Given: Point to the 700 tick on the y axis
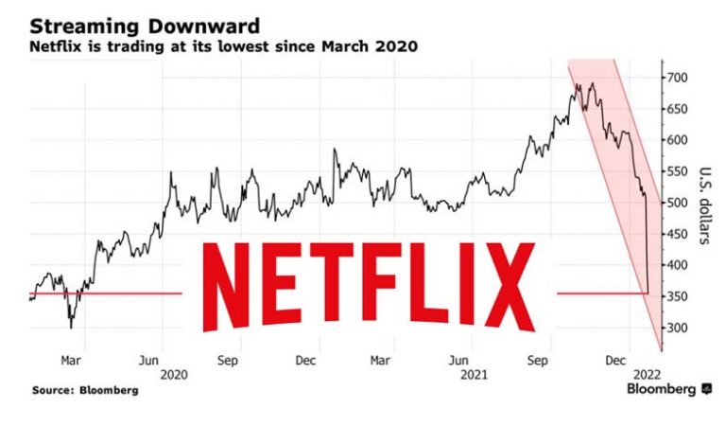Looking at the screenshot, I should click(676, 77).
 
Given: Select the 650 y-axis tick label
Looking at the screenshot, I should click(676, 108).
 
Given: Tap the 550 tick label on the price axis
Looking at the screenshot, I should click(676, 171).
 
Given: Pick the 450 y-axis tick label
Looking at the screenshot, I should click(676, 234).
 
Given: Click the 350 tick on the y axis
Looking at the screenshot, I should click(676, 297).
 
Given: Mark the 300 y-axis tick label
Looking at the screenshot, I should click(676, 329).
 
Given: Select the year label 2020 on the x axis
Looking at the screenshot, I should click(174, 374).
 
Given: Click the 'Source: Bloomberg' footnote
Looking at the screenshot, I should click(84, 390).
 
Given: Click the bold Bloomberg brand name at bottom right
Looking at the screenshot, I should click(662, 389).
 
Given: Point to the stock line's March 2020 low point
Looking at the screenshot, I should click(71, 327).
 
